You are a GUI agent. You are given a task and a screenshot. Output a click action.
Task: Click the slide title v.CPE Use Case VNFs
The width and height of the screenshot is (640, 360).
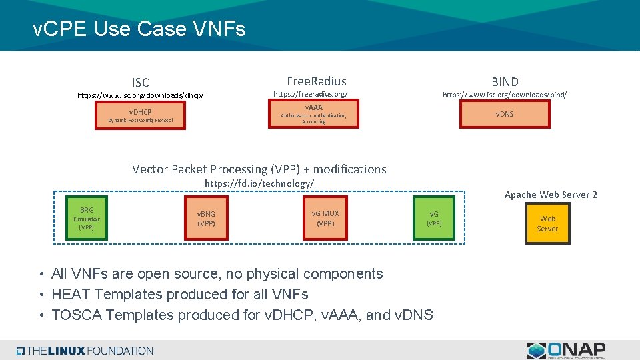click(139, 29)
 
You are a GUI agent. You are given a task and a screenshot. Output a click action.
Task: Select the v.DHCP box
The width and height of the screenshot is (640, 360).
click(140, 115)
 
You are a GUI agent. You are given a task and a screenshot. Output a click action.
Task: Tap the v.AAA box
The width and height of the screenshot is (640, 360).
click(313, 113)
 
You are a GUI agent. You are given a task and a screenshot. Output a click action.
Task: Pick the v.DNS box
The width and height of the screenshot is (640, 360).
click(504, 114)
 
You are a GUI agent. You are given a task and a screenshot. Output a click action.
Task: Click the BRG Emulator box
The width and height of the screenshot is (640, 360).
click(87, 218)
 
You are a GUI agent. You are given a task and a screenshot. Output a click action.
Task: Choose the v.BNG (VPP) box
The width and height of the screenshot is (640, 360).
click(206, 218)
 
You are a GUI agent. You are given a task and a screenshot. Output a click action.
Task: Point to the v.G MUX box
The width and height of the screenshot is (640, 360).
click(325, 218)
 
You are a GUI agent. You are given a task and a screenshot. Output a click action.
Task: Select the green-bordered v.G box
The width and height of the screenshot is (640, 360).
click(433, 218)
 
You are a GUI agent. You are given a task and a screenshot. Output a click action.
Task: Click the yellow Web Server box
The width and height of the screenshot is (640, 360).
click(547, 223)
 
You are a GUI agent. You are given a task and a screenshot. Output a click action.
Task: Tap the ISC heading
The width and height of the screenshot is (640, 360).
click(141, 83)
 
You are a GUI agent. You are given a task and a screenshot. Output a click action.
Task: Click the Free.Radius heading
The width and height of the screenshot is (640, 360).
click(316, 81)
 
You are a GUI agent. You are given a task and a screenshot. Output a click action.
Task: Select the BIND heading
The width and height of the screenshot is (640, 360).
click(505, 82)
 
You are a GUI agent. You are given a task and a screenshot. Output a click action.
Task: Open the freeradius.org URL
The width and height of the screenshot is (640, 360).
click(311, 95)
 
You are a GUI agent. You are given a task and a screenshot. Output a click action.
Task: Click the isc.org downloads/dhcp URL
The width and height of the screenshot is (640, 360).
click(140, 95)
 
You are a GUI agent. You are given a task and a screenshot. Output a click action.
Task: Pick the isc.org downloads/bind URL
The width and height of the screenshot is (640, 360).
click(505, 95)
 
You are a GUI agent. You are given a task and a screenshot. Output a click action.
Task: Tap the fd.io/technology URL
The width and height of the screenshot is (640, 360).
click(259, 183)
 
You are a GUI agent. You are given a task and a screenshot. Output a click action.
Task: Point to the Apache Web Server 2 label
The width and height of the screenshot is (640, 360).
click(551, 195)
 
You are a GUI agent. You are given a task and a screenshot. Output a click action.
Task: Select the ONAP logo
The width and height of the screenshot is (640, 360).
click(566, 350)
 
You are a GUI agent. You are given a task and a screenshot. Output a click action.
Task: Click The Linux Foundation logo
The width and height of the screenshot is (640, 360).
click(85, 351)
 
